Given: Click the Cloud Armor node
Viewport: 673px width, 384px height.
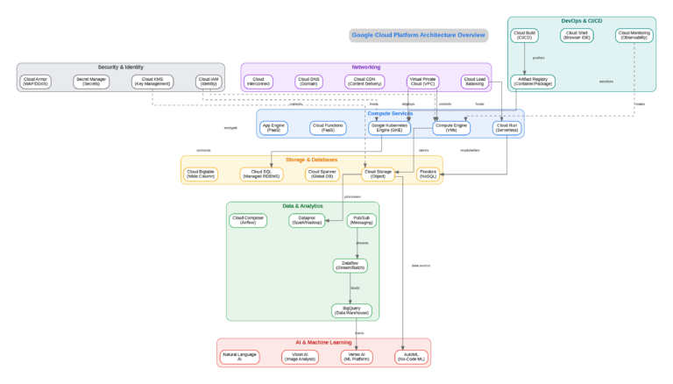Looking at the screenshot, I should coord(37,82).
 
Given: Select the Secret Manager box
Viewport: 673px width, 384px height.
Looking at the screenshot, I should coord(91,82).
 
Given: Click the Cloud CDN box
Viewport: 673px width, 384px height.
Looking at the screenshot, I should coord(365,82).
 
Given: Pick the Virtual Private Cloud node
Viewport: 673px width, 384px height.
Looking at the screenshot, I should coord(422,82).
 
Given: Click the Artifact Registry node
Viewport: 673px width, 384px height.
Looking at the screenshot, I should coord(533,82).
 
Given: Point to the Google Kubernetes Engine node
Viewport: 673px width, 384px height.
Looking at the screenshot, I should coord(390,128).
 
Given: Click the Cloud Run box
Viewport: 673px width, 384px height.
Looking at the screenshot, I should coord(507,128).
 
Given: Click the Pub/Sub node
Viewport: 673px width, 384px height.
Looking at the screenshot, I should coord(362,220).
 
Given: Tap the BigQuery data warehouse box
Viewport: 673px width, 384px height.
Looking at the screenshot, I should coord(351,310).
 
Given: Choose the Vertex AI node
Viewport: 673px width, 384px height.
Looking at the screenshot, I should coord(355,357).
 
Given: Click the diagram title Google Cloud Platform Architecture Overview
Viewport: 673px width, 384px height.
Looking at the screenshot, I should coord(419,35).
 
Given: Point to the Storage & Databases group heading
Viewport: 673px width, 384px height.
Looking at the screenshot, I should coord(312,160).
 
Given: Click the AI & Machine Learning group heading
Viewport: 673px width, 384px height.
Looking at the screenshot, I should coord(323,342).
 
